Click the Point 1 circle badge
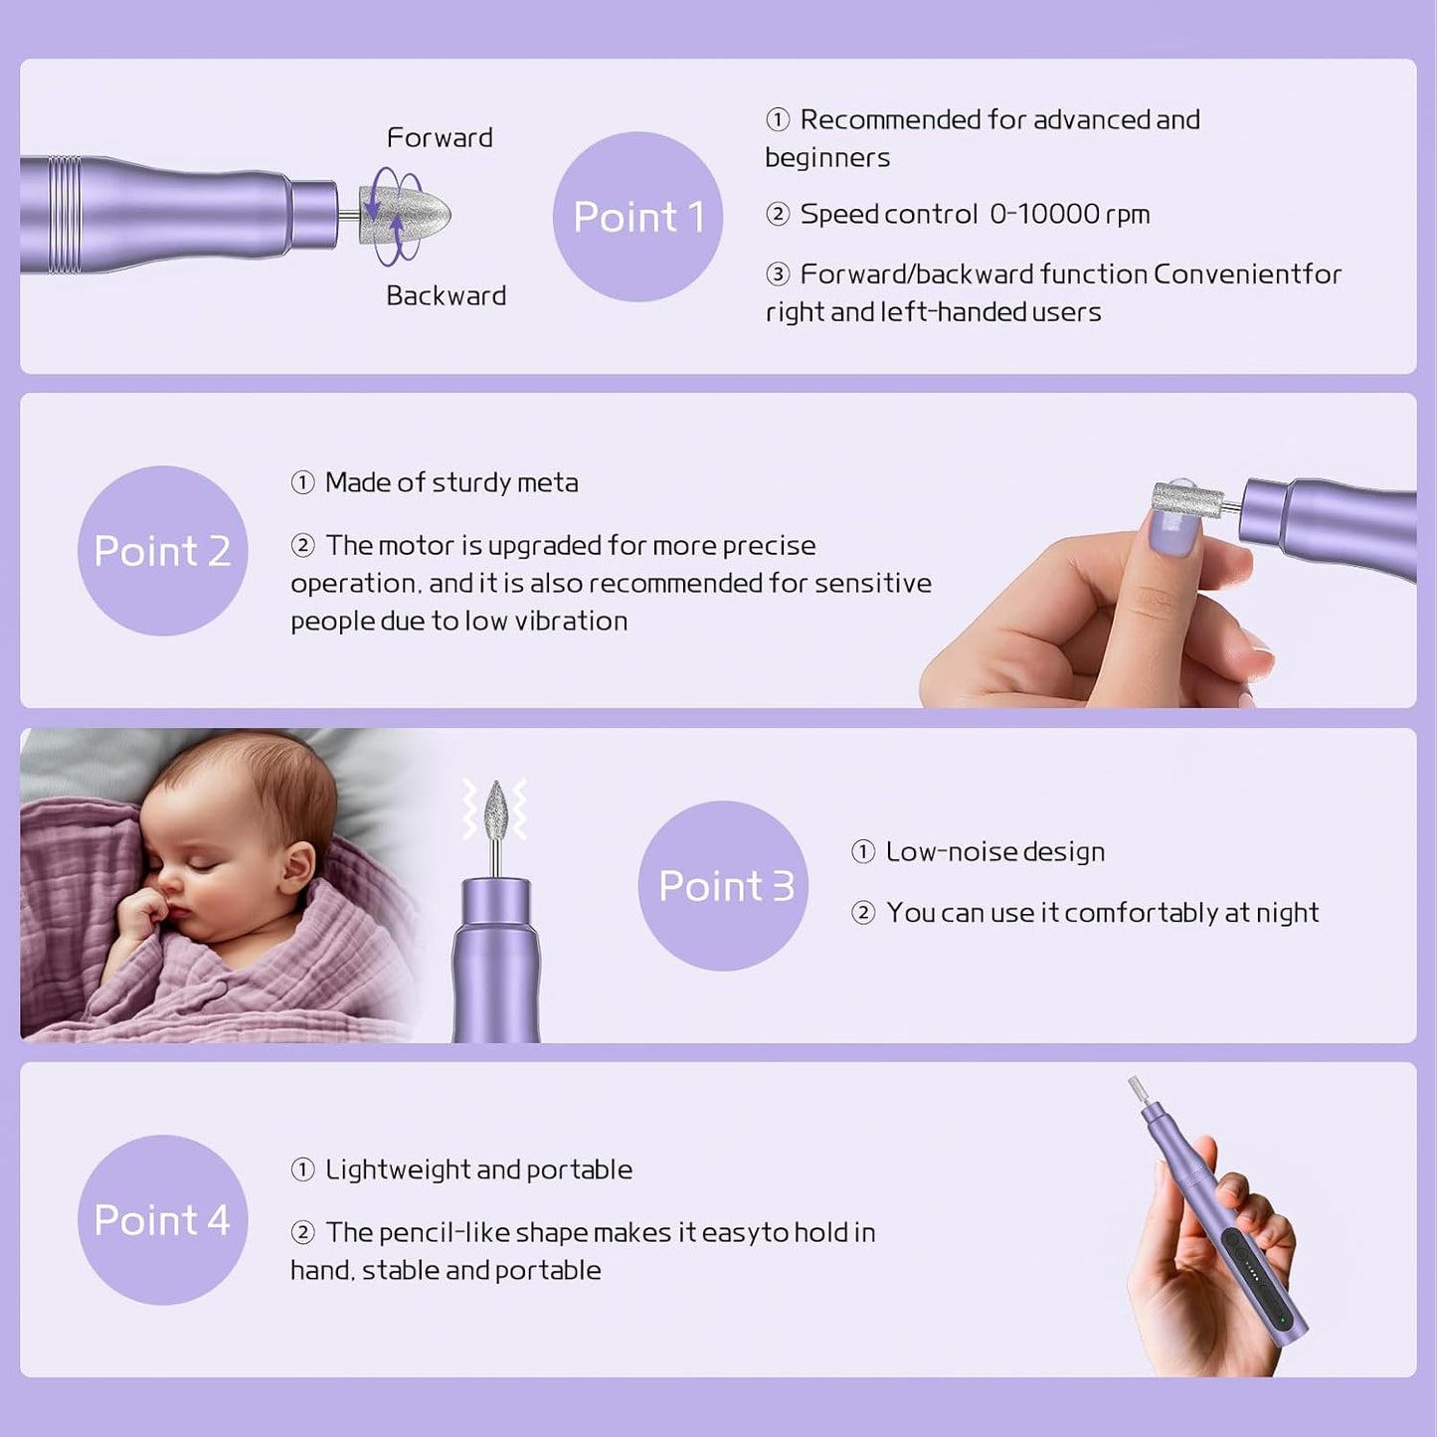(x=637, y=217)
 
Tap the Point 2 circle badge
(x=162, y=551)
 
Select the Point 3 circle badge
(x=723, y=885)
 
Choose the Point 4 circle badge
(x=162, y=1220)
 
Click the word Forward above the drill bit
(x=440, y=137)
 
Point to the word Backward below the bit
(x=446, y=295)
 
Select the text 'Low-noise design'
(x=994, y=852)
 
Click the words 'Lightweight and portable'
(x=478, y=1169)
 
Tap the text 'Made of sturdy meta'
(x=451, y=483)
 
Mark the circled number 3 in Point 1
(x=778, y=274)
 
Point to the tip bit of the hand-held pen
(x=1137, y=1089)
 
